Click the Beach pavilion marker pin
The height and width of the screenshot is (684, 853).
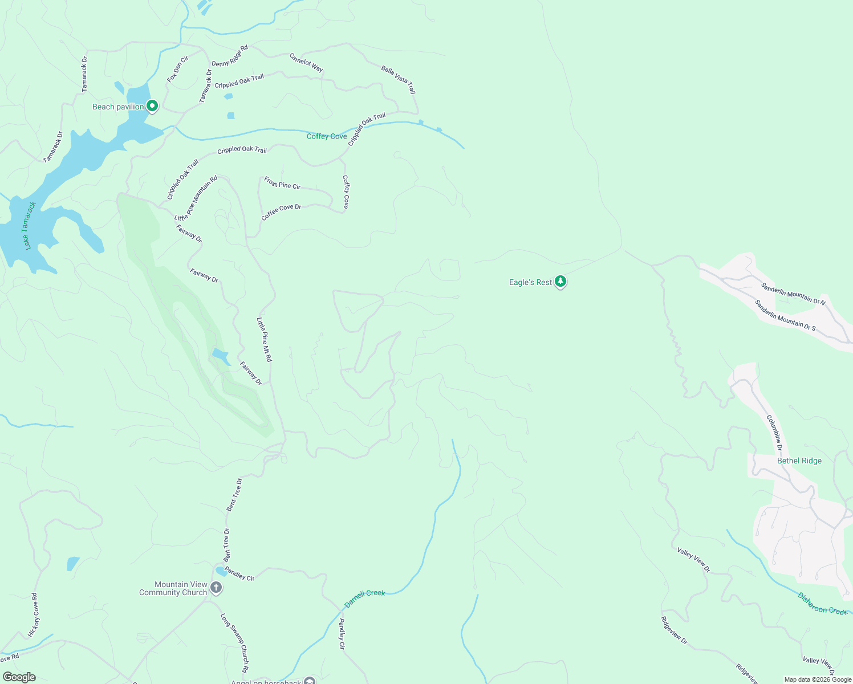[152, 106]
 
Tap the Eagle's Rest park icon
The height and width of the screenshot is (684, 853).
[560, 281]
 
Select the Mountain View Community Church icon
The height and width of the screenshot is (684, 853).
[216, 587]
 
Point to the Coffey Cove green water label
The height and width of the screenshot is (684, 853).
[327, 136]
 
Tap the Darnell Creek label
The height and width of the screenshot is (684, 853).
[365, 598]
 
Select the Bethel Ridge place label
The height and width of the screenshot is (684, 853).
[799, 461]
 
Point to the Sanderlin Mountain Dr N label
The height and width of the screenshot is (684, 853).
[793, 293]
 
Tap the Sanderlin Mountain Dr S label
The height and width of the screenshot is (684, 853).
[785, 315]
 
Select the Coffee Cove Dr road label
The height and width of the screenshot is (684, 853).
[281, 211]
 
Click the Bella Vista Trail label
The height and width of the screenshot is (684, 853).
[399, 80]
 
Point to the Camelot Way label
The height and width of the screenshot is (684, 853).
[306, 63]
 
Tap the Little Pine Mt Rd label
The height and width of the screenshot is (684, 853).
[264, 340]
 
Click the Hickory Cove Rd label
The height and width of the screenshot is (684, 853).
[34, 615]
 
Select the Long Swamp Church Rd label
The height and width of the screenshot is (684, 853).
[234, 643]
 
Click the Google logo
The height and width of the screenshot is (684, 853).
[19, 677]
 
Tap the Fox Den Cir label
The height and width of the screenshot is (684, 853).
[177, 70]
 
